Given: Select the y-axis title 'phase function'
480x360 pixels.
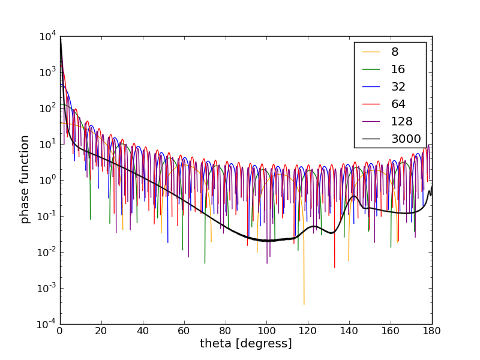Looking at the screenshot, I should [x=25, y=179].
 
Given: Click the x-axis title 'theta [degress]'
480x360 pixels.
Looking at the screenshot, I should [x=246, y=344].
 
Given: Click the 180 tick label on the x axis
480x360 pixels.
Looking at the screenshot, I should [x=432, y=331].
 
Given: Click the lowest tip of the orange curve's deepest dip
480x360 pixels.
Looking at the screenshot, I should [x=304, y=304].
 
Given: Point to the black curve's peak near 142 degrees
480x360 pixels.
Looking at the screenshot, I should [x=354, y=196].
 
